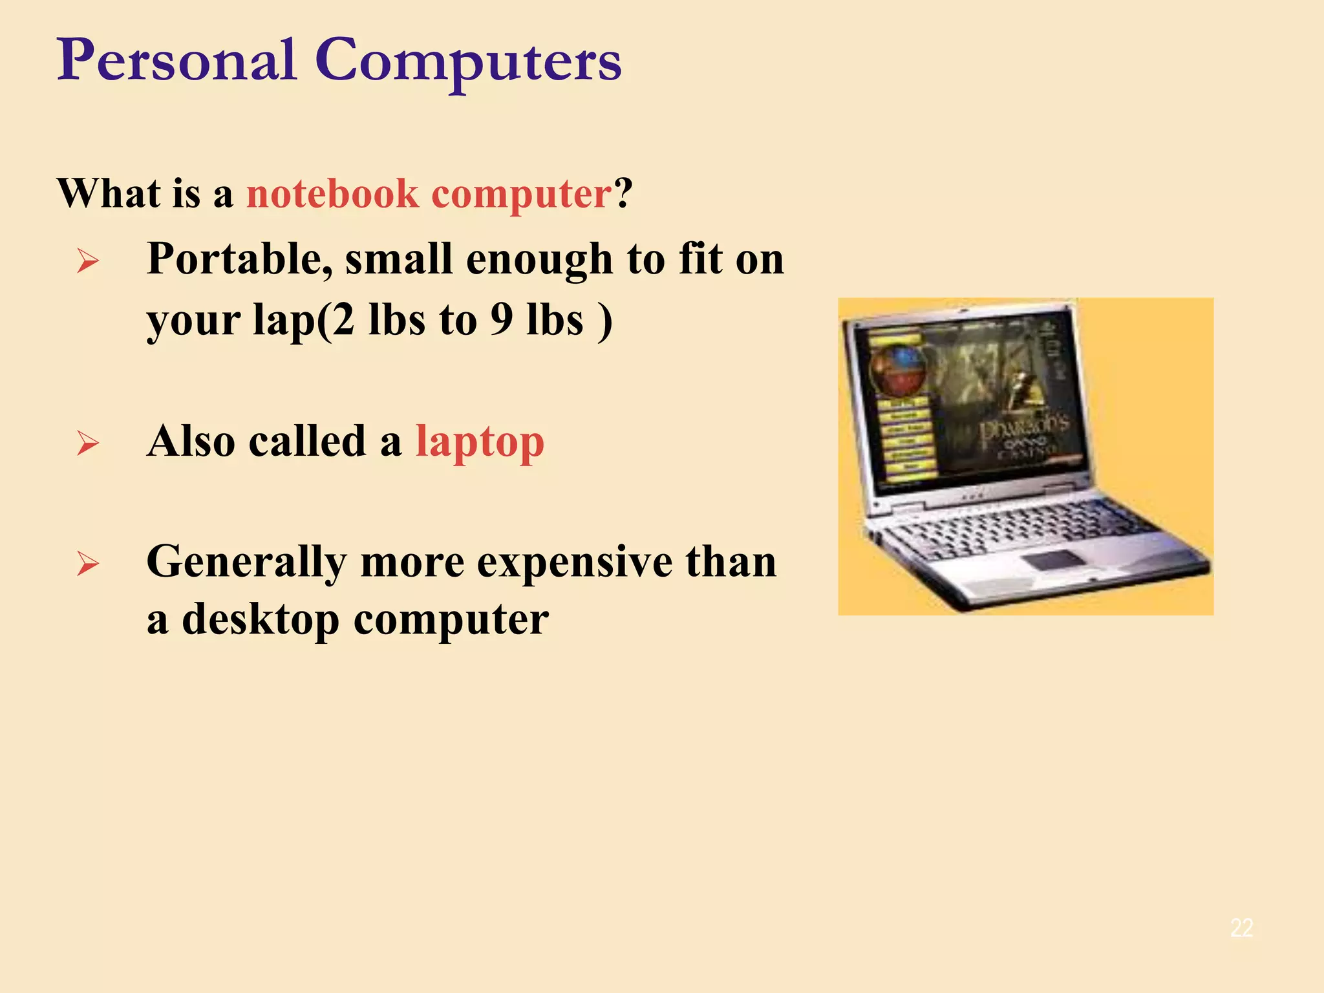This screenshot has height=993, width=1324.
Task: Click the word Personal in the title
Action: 176,61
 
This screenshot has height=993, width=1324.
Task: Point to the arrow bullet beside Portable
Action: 88,262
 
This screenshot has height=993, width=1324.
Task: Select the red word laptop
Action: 480,443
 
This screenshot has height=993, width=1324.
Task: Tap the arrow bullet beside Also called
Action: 88,443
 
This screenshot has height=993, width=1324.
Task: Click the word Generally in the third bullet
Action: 246,562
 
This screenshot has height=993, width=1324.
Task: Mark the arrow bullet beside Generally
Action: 88,564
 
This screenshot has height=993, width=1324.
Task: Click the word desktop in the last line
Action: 261,619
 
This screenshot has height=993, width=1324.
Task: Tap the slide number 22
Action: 1241,928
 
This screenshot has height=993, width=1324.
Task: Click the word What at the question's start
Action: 109,193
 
